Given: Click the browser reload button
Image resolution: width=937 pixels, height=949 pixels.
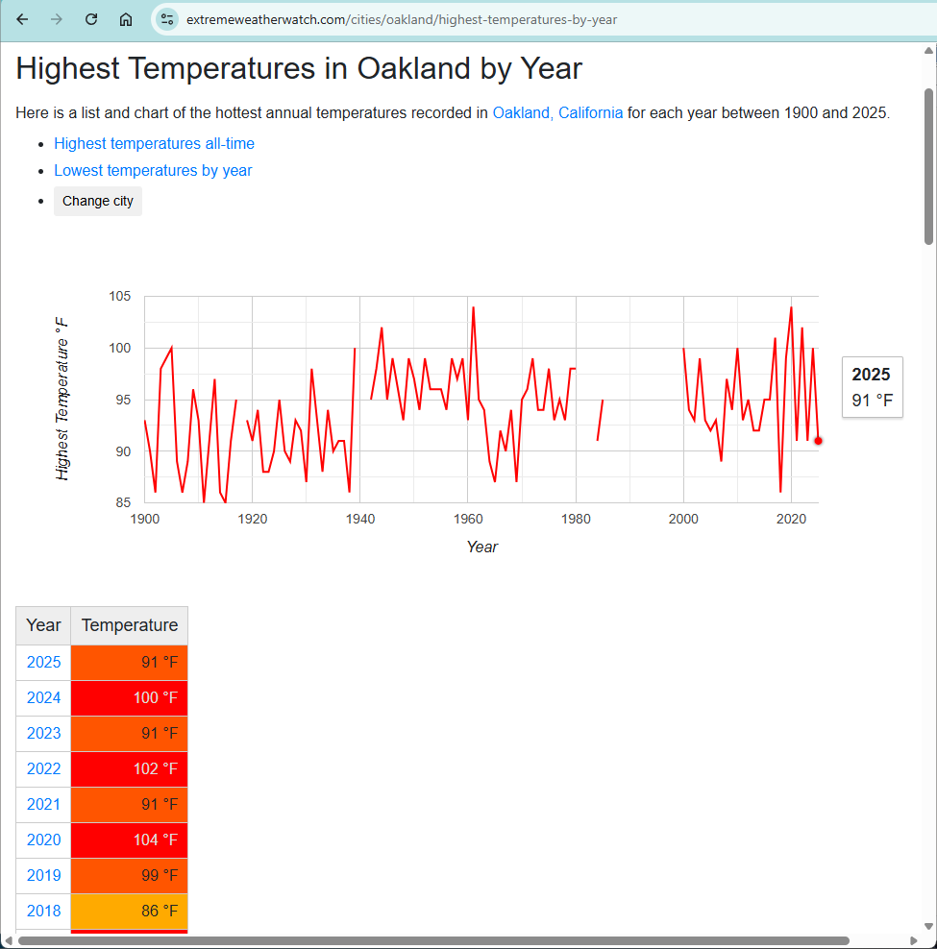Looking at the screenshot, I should pyautogui.click(x=91, y=19).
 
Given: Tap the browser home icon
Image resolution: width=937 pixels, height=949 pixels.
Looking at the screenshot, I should pyautogui.click(x=126, y=19).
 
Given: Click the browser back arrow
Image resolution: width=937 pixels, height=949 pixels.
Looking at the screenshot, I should pyautogui.click(x=23, y=19).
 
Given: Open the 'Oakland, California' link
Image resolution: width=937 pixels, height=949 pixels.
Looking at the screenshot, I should pyautogui.click(x=557, y=112).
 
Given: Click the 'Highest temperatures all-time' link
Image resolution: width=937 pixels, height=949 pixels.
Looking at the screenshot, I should pyautogui.click(x=154, y=143).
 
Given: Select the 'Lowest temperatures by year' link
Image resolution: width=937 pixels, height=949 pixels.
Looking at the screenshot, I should pyautogui.click(x=153, y=170).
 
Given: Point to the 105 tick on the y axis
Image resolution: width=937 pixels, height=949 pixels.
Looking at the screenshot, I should pyautogui.click(x=119, y=296).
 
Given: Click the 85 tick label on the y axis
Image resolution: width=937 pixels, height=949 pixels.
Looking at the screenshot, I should pyautogui.click(x=123, y=502).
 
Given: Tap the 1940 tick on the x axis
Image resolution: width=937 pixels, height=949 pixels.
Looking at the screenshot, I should pyautogui.click(x=360, y=520).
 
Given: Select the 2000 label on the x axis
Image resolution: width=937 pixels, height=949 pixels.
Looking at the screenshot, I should pyautogui.click(x=683, y=520).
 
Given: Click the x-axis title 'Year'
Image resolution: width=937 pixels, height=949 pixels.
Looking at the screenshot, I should pyautogui.click(x=481, y=547).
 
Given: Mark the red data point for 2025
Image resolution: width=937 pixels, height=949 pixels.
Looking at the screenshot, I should pyautogui.click(x=818, y=441).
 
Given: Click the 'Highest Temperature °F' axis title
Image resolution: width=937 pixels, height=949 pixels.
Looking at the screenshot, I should pyautogui.click(x=62, y=398).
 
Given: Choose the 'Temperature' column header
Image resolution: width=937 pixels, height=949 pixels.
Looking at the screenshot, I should pyautogui.click(x=130, y=625).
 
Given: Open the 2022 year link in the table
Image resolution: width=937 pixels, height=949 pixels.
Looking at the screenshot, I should pyautogui.click(x=43, y=768).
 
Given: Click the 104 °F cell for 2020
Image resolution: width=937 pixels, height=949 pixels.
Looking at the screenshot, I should pyautogui.click(x=130, y=839).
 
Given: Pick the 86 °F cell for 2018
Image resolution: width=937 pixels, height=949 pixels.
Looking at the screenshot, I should pyautogui.click(x=130, y=911).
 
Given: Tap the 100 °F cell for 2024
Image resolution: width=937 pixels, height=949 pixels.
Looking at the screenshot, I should pyautogui.click(x=130, y=697).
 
